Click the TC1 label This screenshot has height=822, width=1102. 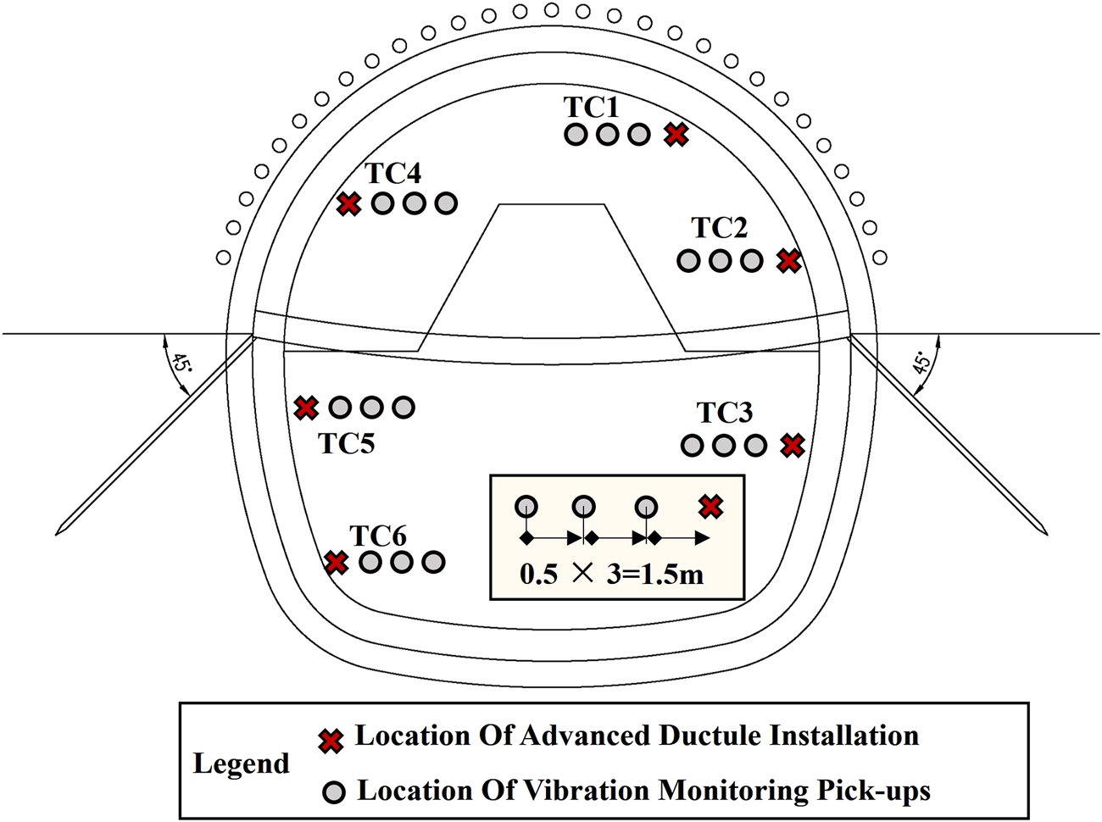pos(592,108)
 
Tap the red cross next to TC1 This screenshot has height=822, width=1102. pos(676,134)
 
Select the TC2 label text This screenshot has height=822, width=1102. pos(719,228)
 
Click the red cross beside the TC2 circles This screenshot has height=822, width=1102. pos(789,260)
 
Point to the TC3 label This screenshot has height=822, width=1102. pos(725,413)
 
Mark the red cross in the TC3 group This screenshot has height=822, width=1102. pos(793,445)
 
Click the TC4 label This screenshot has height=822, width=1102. pos(393,174)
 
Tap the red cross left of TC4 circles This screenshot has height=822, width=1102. pos(348,203)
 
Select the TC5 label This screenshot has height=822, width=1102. pos(347,443)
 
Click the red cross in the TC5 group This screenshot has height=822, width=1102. pos(305,408)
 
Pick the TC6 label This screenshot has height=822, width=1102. pos(378,536)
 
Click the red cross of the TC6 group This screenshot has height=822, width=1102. pos(337,562)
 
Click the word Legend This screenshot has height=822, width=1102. pos(242,764)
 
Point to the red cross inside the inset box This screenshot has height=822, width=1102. pos(710,507)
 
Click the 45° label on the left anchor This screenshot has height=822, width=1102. pos(179,365)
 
